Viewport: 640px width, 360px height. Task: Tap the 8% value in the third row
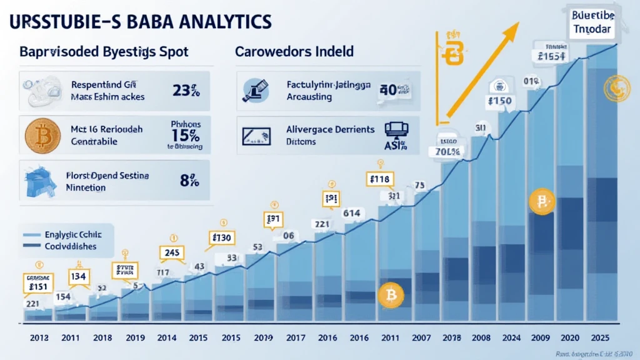pos(189,181)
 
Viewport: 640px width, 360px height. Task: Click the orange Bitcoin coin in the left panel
pos(42,136)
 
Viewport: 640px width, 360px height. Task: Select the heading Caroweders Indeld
pos(294,52)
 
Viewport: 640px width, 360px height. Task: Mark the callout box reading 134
pos(79,277)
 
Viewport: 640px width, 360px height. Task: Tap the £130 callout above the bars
pos(221,237)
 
